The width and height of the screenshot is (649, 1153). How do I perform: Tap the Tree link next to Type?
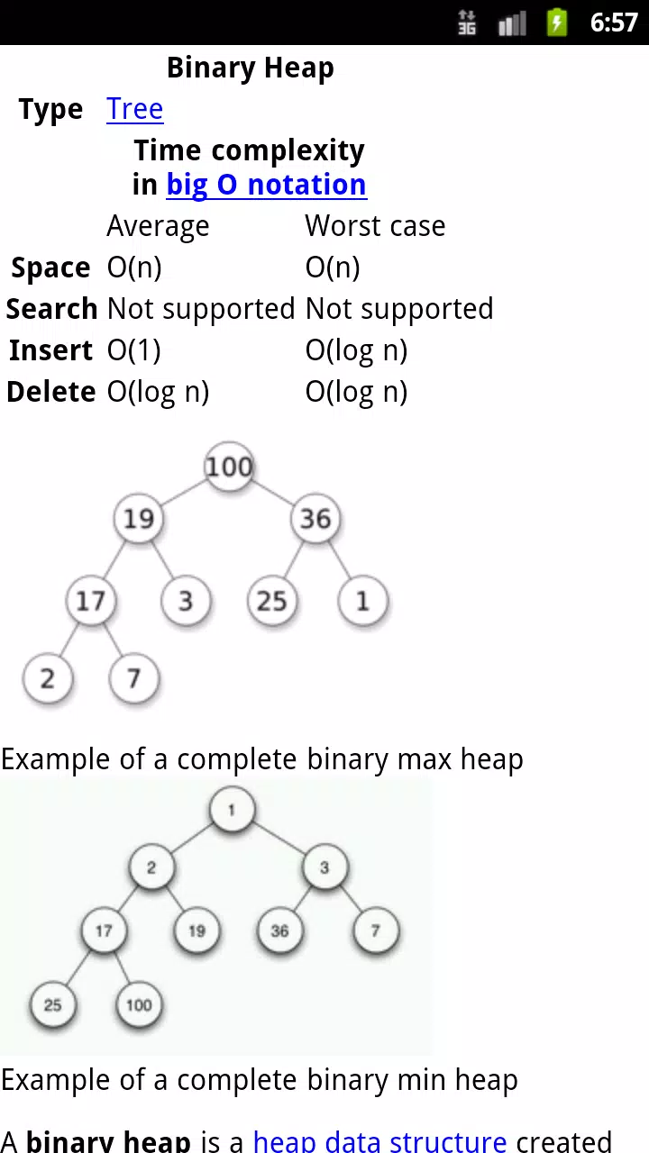click(135, 109)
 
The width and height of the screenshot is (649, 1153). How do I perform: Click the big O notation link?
click(266, 185)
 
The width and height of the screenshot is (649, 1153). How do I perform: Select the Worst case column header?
click(375, 226)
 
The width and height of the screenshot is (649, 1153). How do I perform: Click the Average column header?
click(158, 226)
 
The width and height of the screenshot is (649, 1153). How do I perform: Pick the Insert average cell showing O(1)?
click(134, 350)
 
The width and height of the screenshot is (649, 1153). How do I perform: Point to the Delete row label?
click(51, 392)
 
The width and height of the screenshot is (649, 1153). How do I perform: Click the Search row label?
click(51, 309)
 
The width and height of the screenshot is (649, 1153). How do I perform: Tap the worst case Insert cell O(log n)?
click(356, 351)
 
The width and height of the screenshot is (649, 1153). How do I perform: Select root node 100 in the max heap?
click(230, 467)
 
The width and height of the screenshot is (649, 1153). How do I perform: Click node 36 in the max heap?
click(315, 518)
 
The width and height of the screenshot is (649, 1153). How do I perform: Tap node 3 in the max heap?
click(186, 601)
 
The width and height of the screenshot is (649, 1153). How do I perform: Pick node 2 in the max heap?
click(48, 678)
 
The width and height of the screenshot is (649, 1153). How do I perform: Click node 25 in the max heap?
click(272, 601)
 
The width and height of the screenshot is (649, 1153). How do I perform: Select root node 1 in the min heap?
click(232, 810)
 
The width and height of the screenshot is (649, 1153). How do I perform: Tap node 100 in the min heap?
click(139, 1004)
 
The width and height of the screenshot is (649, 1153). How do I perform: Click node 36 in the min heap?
click(279, 931)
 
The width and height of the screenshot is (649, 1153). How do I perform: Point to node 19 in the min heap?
click(197, 931)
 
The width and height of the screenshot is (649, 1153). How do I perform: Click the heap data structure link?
click(380, 1140)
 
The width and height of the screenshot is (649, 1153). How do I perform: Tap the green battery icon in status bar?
click(557, 23)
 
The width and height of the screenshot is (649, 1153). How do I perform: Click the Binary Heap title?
click(251, 68)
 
